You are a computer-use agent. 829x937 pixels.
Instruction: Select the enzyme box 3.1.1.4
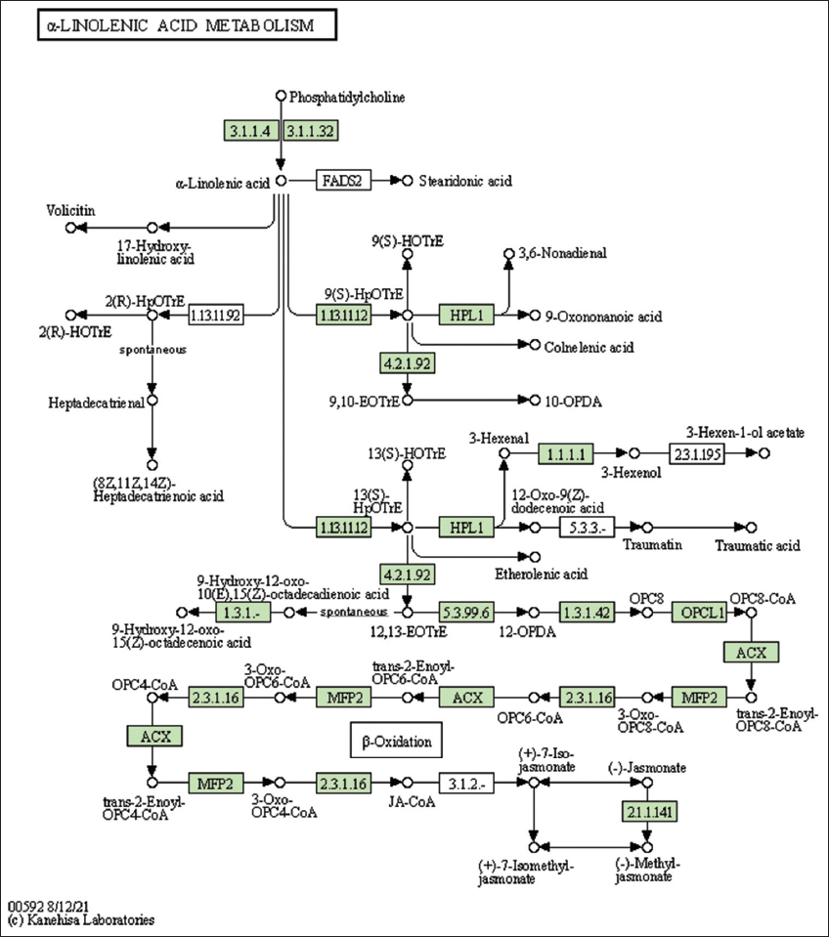click(x=251, y=131)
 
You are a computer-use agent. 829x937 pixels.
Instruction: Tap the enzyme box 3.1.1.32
click(x=311, y=131)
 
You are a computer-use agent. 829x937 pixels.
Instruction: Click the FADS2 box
click(x=343, y=181)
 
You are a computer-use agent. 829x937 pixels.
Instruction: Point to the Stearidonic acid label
click(x=465, y=181)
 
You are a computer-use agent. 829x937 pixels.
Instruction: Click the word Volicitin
click(x=70, y=210)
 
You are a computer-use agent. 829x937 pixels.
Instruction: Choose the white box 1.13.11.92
click(x=215, y=315)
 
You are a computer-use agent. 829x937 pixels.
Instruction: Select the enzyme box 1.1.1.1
click(x=566, y=453)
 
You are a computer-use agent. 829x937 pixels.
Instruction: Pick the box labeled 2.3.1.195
click(x=698, y=453)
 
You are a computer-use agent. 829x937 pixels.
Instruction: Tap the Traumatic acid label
click(x=757, y=544)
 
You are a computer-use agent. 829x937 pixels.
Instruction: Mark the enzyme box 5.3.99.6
click(x=466, y=612)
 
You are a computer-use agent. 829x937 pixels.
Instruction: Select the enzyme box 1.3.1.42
click(x=587, y=612)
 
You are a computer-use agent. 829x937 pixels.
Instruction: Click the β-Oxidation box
click(x=396, y=742)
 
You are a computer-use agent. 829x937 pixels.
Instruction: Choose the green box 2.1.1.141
click(x=650, y=812)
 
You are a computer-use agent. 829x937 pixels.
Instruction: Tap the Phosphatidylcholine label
click(x=347, y=97)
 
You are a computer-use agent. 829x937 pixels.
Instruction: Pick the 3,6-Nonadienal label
click(x=565, y=253)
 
